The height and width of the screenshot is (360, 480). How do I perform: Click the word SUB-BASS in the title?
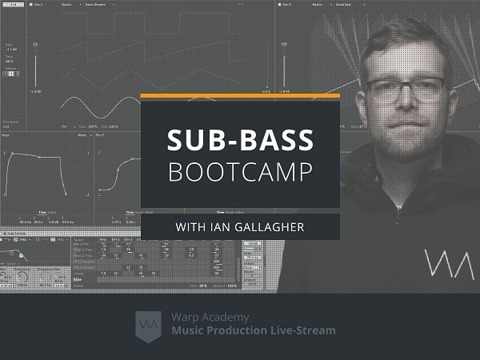coord(241,140)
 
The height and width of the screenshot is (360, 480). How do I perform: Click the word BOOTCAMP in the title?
coord(241,171)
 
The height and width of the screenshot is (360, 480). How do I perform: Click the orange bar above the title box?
coord(241,96)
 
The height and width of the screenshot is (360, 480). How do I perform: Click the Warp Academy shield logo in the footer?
coord(149,323)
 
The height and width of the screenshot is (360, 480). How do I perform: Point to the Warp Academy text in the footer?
coord(201,316)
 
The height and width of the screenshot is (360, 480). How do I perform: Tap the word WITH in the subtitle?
coord(192,227)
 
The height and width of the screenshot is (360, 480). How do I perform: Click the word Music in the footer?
coord(189,330)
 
